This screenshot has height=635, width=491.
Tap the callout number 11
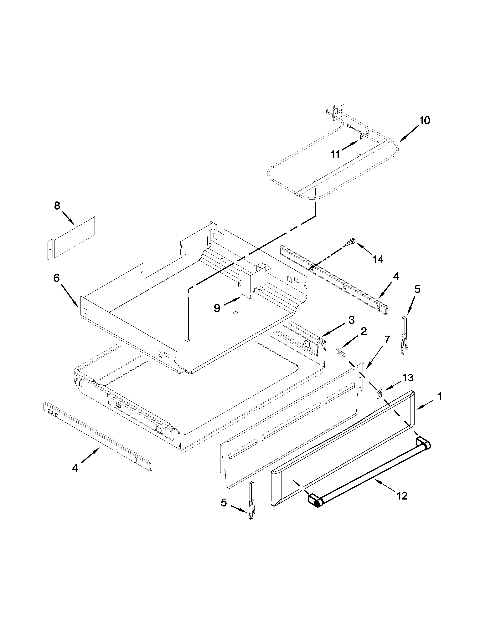pos(335,154)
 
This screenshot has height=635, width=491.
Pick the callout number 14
pos(378,259)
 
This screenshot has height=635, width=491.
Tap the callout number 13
pos(408,378)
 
